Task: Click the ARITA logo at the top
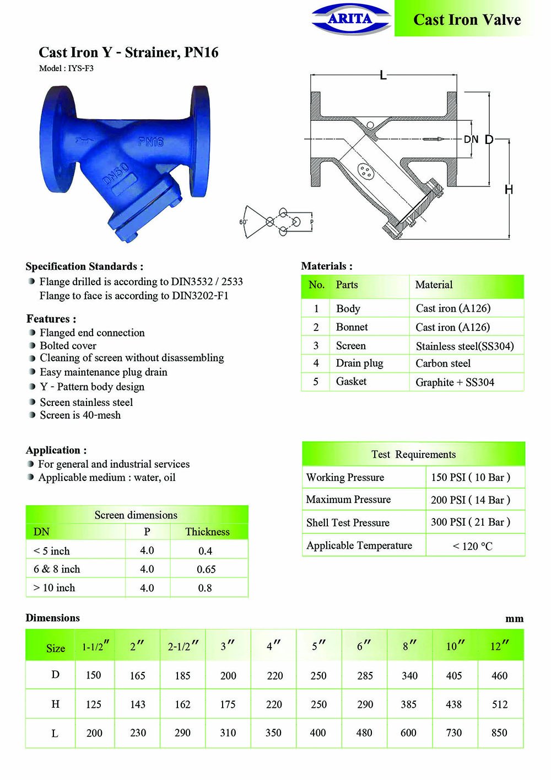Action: tap(351, 19)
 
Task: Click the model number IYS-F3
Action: tap(66, 68)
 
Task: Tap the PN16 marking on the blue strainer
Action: tap(151, 142)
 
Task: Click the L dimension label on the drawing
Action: tap(383, 76)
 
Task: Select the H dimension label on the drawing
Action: tap(509, 190)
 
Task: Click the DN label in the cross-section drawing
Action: tap(471, 140)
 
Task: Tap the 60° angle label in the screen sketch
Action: tap(243, 222)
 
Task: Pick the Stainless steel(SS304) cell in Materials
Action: tap(464, 346)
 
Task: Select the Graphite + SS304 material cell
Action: tap(455, 382)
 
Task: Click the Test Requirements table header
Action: tap(413, 454)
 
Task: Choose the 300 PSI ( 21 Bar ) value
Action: tap(471, 522)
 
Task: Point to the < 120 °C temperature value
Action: tap(472, 546)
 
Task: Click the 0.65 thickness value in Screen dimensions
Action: tap(206, 569)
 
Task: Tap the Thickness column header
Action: tap(207, 532)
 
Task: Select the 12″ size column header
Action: tap(499, 646)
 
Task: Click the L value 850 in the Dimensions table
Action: tap(499, 733)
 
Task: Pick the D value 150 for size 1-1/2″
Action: tap(93, 675)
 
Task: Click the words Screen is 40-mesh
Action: tap(80, 415)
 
